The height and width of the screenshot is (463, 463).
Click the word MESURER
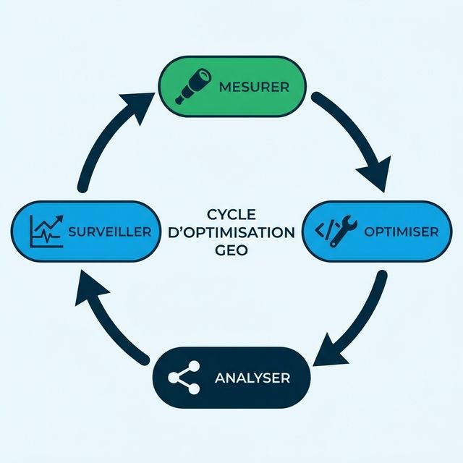(x=253, y=88)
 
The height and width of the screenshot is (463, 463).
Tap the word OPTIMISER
(x=401, y=232)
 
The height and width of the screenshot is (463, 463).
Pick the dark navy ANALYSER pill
(x=231, y=378)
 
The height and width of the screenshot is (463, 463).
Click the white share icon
(x=184, y=378)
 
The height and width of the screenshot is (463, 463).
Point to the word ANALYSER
(x=252, y=378)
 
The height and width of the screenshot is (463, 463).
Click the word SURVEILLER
(x=109, y=232)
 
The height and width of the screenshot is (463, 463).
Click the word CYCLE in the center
(x=231, y=215)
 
